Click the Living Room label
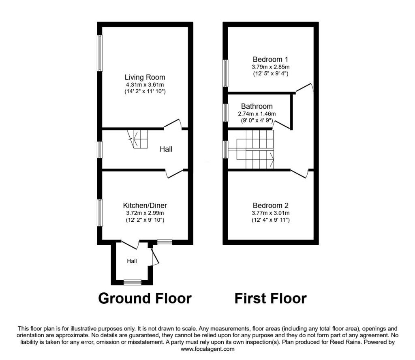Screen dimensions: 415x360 click(x=145, y=77)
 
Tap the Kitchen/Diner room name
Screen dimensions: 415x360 click(x=145, y=206)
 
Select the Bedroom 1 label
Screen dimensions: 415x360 click(x=270, y=60)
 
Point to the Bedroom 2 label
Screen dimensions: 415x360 click(x=270, y=206)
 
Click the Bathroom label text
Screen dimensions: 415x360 click(x=257, y=106)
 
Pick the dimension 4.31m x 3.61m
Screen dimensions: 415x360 click(x=145, y=85)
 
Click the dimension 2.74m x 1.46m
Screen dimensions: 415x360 click(x=257, y=114)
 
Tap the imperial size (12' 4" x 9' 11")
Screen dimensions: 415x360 click(x=270, y=220)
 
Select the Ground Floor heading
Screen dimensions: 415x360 click(x=145, y=298)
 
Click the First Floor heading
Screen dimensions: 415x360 click(x=270, y=298)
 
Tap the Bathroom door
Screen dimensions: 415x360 click(x=281, y=124)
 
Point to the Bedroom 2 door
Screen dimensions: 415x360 click(x=299, y=174)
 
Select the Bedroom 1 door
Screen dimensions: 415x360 click(x=304, y=88)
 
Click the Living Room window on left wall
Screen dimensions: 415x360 click(x=100, y=53)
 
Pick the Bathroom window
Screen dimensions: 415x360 click(x=225, y=113)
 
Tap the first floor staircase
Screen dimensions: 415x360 click(x=251, y=149)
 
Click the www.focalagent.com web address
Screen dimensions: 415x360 click(x=207, y=349)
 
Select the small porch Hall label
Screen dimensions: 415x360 click(x=132, y=261)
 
